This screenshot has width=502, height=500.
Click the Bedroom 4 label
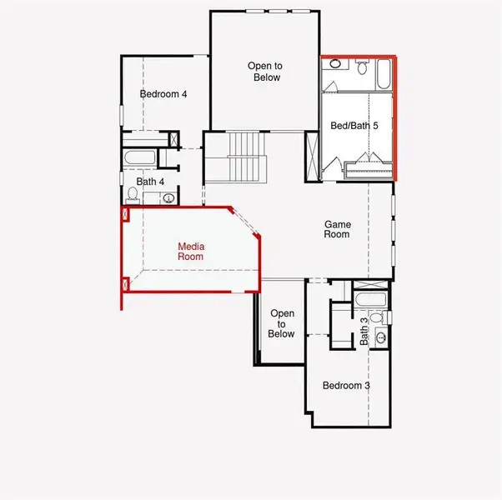coord(163,94)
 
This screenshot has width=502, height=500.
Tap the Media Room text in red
coord(191,252)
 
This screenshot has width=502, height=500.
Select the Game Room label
coord(337,229)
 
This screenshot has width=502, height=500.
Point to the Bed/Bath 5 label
coord(354,125)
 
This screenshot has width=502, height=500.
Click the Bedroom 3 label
coord(346,386)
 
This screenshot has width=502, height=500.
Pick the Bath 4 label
coord(151,181)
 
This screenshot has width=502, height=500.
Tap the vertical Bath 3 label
coord(364,332)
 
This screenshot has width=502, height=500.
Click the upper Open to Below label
coord(264,72)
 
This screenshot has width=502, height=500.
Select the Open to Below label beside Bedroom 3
coord(281,323)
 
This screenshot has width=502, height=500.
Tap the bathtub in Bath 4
coord(140,157)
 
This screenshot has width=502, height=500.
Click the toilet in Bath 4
coord(133,195)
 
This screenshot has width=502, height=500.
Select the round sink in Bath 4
coord(168,198)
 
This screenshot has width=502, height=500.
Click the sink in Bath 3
coord(381,337)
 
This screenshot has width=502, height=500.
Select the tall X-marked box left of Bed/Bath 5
coord(313,155)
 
